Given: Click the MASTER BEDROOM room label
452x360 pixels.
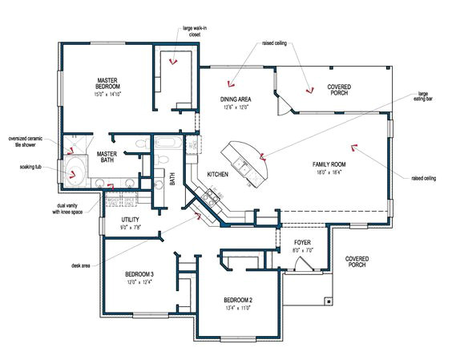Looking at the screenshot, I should (108, 84).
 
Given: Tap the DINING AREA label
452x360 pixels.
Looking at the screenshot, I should (236, 99).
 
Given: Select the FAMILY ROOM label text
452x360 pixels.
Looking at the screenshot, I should (329, 164).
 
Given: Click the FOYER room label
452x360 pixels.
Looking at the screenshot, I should (302, 241).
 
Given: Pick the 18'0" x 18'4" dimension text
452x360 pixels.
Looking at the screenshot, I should (329, 171).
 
